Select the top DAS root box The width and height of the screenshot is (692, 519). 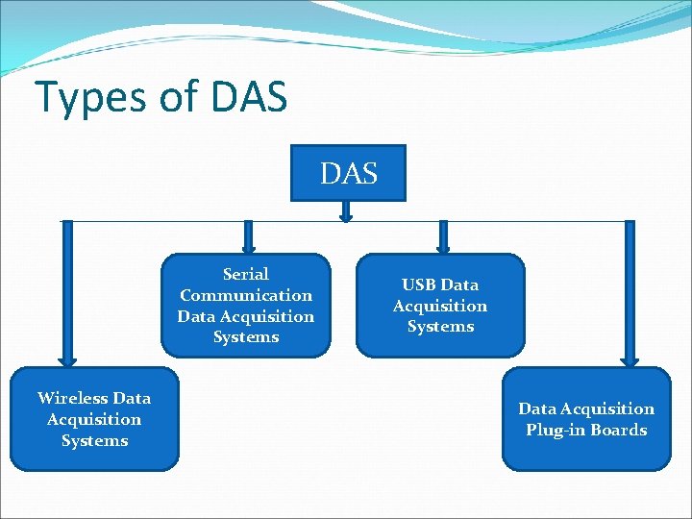pyautogui.click(x=348, y=173)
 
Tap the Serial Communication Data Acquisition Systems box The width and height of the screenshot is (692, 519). pyautogui.click(x=245, y=305)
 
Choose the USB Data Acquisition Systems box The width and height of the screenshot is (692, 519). pyautogui.click(x=440, y=305)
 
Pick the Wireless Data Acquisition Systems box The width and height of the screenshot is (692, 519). pyautogui.click(x=94, y=419)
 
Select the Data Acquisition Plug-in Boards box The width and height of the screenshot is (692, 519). pyautogui.click(x=586, y=419)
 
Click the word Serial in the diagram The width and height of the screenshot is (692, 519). pyautogui.click(x=246, y=274)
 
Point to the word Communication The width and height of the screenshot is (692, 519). pyautogui.click(x=246, y=295)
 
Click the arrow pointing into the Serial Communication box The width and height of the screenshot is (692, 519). pyautogui.click(x=248, y=237)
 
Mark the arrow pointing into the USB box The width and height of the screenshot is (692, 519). pyautogui.click(x=443, y=237)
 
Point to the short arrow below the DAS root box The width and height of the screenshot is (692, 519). pyautogui.click(x=346, y=211)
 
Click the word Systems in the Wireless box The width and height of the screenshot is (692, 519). pyautogui.click(x=94, y=440)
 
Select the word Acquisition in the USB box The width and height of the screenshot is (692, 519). pyautogui.click(x=440, y=306)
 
